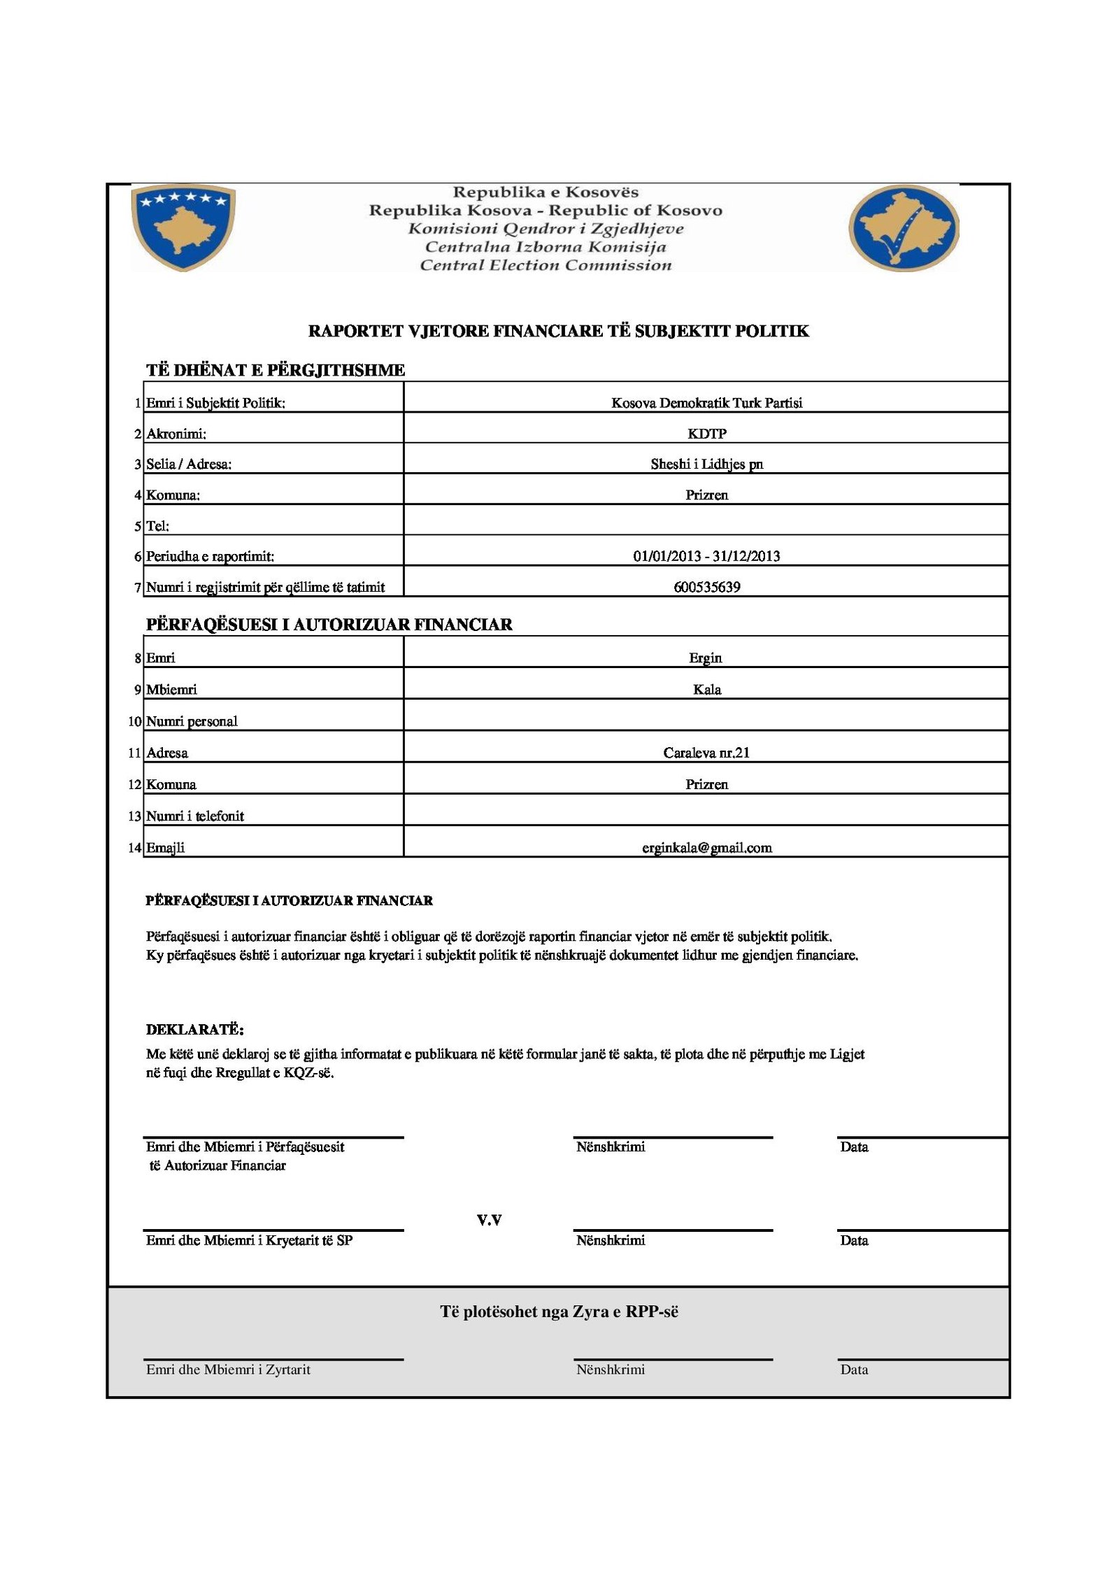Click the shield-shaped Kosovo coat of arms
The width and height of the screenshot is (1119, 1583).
click(183, 227)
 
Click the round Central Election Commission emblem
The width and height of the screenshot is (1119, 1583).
click(903, 228)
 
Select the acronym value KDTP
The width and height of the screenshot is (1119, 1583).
click(706, 434)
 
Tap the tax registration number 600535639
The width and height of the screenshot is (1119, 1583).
click(706, 587)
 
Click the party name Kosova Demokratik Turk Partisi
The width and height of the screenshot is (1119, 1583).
click(706, 403)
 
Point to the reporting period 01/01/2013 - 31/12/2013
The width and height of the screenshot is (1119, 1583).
click(706, 556)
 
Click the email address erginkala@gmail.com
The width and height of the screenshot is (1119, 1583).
click(706, 848)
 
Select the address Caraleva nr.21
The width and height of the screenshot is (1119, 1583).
click(706, 753)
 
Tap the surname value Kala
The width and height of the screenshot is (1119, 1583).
click(706, 690)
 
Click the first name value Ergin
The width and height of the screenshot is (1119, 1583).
click(705, 658)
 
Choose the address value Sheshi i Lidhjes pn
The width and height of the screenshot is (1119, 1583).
click(706, 464)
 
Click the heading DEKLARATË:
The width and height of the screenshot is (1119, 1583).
click(194, 1030)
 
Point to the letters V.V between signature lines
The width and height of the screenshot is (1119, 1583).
click(489, 1220)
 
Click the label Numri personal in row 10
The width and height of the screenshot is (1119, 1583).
click(192, 721)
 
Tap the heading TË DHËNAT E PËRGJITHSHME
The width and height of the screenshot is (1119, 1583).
click(276, 370)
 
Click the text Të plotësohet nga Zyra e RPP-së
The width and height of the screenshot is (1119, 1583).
click(559, 1312)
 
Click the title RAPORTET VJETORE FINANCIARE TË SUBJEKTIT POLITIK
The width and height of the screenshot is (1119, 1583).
click(558, 331)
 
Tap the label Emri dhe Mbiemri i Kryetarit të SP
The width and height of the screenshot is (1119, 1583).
click(249, 1240)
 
